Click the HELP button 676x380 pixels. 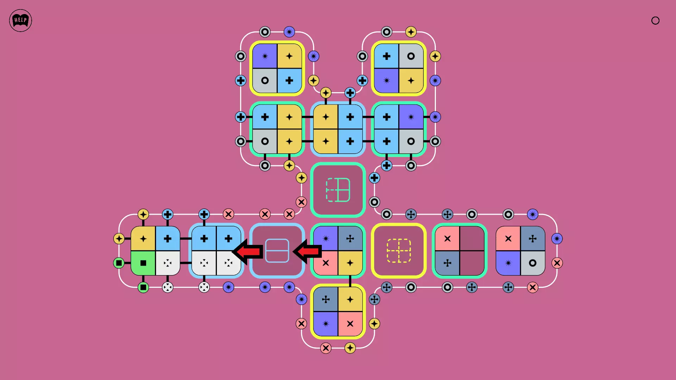click(20, 20)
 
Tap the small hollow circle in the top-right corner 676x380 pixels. click(655, 20)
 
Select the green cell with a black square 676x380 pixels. click(143, 263)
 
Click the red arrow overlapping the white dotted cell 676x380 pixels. click(248, 251)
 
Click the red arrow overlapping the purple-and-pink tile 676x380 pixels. click(307, 251)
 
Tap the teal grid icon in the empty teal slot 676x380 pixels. click(338, 190)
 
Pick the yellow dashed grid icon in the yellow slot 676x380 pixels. click(399, 251)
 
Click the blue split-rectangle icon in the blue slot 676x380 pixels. click(277, 251)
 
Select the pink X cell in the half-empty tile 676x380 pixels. click(447, 239)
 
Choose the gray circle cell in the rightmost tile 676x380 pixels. click(533, 263)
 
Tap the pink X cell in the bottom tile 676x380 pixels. click(350, 324)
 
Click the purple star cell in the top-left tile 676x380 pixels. click(265, 56)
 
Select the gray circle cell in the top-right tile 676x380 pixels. click(411, 56)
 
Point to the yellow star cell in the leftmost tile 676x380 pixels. click(143, 239)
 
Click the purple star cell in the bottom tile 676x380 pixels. click(326, 324)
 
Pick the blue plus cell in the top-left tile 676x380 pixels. click(289, 81)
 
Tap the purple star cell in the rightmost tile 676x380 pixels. click(508, 263)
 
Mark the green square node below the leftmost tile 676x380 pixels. click(143, 287)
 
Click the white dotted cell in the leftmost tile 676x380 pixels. click(168, 263)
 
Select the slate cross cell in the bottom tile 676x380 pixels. click(326, 299)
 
